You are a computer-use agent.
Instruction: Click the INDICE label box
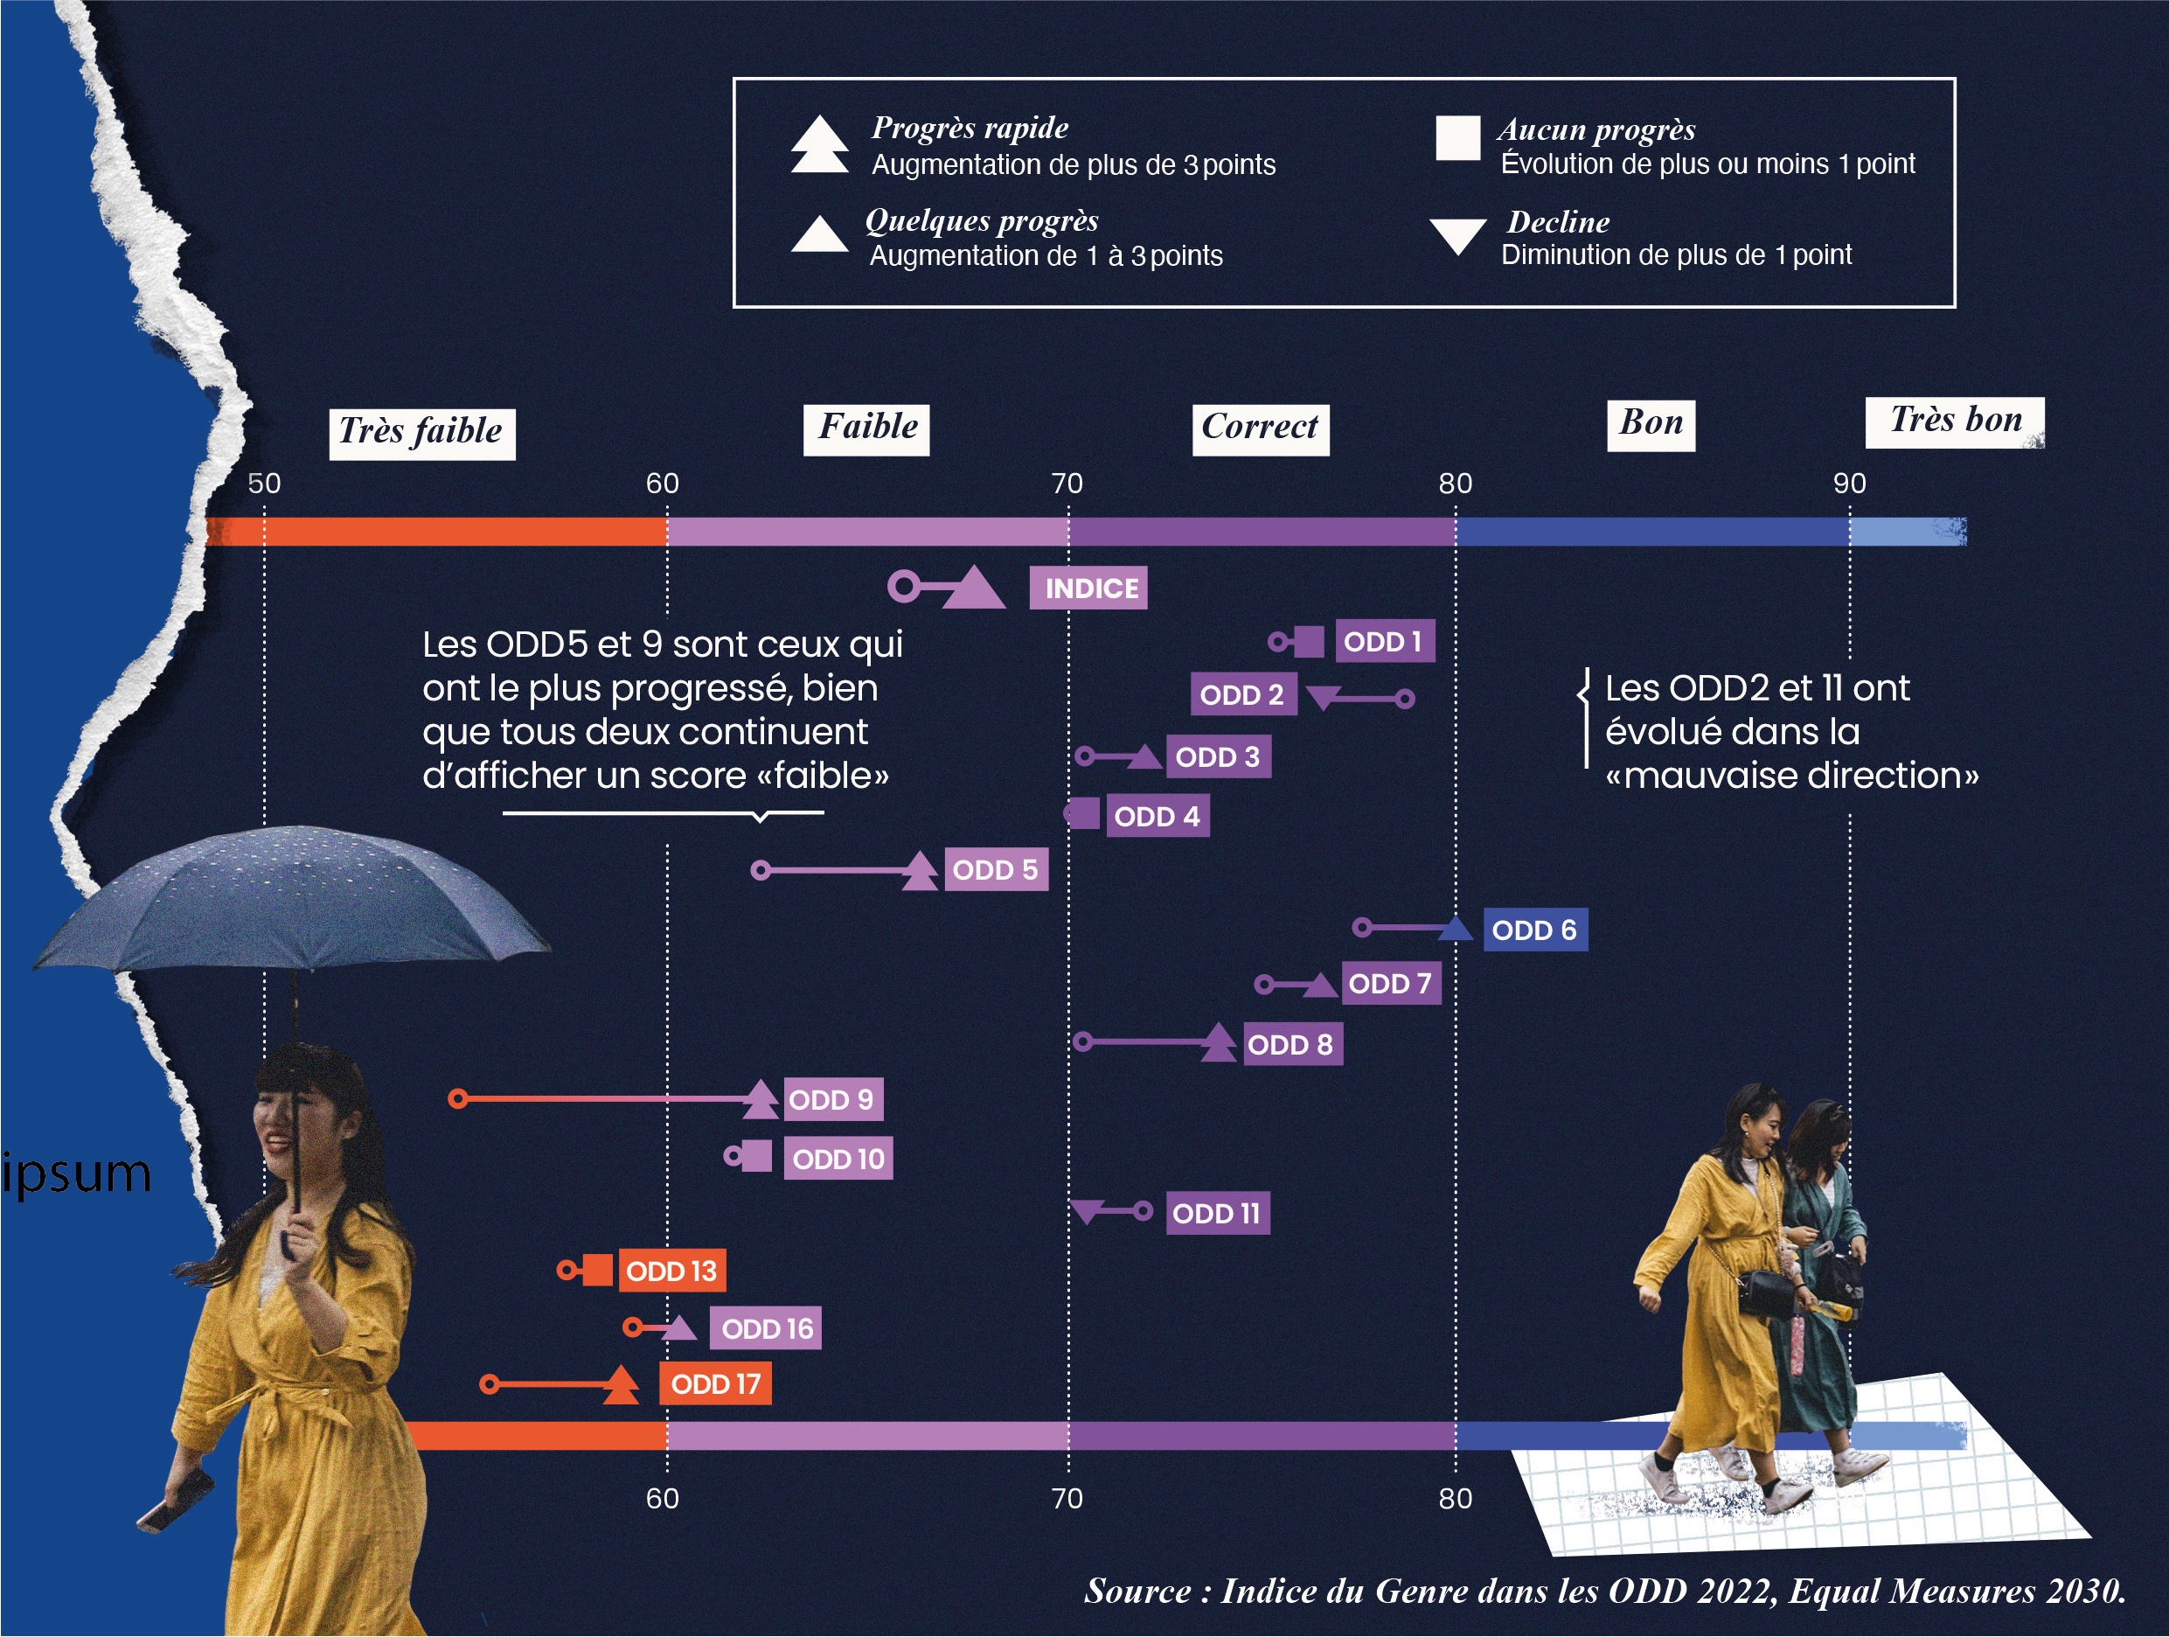coord(1088,589)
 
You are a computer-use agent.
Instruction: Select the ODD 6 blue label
coord(1535,930)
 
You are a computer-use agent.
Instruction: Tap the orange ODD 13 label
coord(671,1271)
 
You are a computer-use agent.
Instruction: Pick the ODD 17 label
coord(716,1384)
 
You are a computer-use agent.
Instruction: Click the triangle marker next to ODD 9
coord(760,1099)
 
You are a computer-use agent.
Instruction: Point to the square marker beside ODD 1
coord(1309,642)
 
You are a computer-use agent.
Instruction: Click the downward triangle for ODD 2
coord(1324,697)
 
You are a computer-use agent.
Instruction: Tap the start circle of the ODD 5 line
coord(761,870)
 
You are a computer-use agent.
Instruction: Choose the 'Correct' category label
coord(1261,429)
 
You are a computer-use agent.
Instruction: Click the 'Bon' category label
coord(1651,425)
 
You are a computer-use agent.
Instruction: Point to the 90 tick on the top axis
coord(1850,484)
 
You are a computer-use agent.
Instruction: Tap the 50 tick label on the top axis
coord(264,484)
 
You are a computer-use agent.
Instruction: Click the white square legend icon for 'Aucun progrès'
coord(1458,137)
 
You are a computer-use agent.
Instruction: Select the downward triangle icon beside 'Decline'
coord(1458,236)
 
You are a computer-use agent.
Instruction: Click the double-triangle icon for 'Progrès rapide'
coord(820,144)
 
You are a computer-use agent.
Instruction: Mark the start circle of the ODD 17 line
coord(490,1385)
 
